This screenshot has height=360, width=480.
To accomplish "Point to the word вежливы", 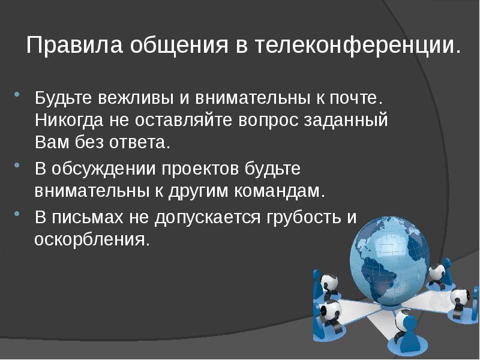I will [116, 97].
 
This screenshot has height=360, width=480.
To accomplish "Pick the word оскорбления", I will [90, 240].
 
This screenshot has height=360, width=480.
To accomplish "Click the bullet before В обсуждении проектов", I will [17, 166].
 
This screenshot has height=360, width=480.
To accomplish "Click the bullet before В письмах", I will [17, 214].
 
